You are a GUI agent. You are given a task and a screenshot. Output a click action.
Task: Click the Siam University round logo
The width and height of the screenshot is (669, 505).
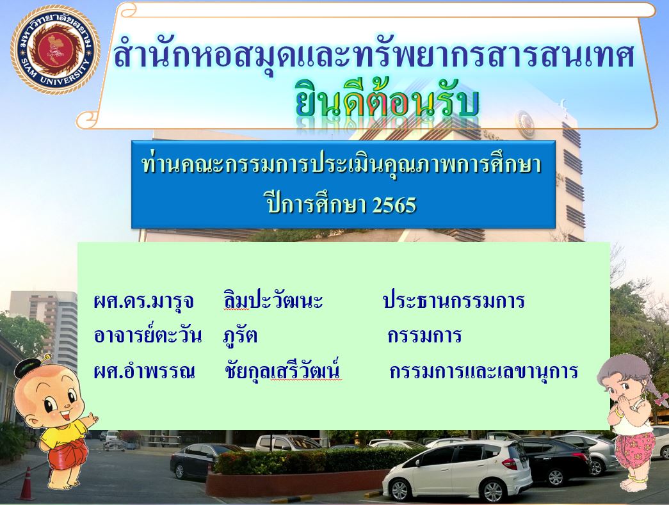(x=56, y=49)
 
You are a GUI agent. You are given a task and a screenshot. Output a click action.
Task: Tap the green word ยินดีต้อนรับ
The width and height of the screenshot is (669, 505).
(x=387, y=102)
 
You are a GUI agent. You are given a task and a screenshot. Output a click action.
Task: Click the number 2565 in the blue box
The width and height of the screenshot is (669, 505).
(x=394, y=205)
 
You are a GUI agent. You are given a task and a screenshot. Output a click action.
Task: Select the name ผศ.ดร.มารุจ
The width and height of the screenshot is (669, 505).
(x=144, y=301)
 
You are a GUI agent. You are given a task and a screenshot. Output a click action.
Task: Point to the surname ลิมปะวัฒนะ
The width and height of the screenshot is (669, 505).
(x=273, y=300)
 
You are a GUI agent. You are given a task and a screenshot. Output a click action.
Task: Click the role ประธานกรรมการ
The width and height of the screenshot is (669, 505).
(x=453, y=300)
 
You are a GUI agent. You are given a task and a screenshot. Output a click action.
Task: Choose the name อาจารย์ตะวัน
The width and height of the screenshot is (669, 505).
(x=148, y=335)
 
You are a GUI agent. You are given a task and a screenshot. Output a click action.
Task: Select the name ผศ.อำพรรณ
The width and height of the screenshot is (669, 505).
(x=144, y=371)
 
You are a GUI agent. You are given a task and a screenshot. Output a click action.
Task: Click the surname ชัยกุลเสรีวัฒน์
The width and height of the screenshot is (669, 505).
(x=282, y=370)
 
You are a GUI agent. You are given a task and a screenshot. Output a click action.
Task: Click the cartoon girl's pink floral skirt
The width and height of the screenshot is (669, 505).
(x=634, y=449)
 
